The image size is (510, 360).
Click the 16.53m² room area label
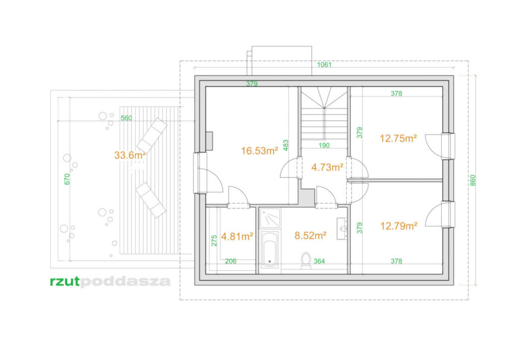pyautogui.click(x=259, y=151)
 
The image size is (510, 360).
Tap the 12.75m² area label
pyautogui.click(x=399, y=138)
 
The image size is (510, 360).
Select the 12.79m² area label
pyautogui.click(x=399, y=226)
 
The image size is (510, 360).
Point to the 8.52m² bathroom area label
pyautogui.click(x=310, y=235)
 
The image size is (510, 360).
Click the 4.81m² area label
pyautogui.click(x=237, y=236)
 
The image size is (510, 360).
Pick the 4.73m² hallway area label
pyautogui.click(x=327, y=167)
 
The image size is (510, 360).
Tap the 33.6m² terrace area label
pyautogui.click(x=130, y=155)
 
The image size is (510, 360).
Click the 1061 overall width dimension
pyautogui.click(x=324, y=64)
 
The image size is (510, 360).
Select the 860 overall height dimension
pyautogui.click(x=473, y=180)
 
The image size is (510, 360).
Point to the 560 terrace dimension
pyautogui.click(x=126, y=118)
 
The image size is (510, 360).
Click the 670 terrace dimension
pyautogui.click(x=67, y=179)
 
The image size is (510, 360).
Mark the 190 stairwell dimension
pyautogui.click(x=324, y=145)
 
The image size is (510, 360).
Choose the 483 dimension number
pyautogui.click(x=286, y=145)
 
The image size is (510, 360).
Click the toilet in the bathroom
pyautogui.click(x=306, y=261)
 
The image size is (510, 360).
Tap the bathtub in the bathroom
pyautogui.click(x=270, y=249)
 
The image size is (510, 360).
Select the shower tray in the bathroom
pyautogui.click(x=270, y=218)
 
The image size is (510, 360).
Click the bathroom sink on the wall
pyautogui.click(x=342, y=228)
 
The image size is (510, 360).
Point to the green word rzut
pyautogui.click(x=65, y=282)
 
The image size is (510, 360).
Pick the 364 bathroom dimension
pyautogui.click(x=319, y=261)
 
